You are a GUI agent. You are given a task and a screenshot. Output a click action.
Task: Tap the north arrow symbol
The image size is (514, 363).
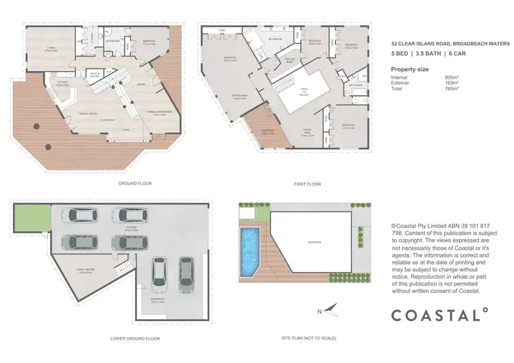pyautogui.click(x=331, y=310)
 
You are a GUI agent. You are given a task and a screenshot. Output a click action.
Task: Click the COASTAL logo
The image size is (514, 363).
pyautogui.click(x=439, y=315)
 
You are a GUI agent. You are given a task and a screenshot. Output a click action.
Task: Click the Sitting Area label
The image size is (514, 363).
pyautogui.click(x=240, y=97)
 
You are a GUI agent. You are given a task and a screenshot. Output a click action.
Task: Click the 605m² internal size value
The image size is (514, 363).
pyautogui.click(x=450, y=78)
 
